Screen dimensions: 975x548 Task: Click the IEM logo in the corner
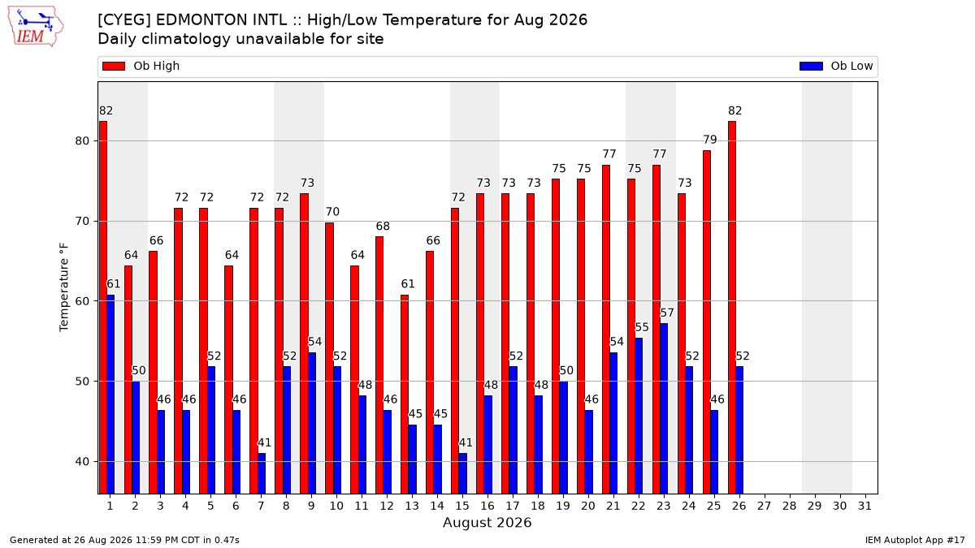click(36, 27)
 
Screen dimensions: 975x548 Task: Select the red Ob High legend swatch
click(114, 66)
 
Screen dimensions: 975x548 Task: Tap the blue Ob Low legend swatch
click(811, 66)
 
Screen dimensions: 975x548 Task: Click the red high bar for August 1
click(103, 308)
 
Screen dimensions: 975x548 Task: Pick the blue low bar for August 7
click(262, 473)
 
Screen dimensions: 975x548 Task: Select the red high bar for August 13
click(405, 395)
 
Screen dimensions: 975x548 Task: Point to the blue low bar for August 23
click(664, 409)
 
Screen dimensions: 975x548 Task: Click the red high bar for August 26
click(732, 308)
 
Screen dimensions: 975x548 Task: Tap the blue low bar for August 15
click(462, 473)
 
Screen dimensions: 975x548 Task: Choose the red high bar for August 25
click(707, 322)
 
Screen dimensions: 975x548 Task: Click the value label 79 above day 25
click(710, 140)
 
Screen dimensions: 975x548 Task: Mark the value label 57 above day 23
click(667, 313)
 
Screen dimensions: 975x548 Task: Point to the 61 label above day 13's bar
click(408, 284)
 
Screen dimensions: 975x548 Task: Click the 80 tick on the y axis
click(82, 141)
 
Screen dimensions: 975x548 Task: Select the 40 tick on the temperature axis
click(82, 461)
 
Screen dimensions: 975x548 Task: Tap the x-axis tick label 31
click(864, 506)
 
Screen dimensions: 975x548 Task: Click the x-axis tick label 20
click(588, 506)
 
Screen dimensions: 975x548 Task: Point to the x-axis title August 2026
click(487, 522)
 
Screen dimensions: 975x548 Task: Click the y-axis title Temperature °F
click(64, 287)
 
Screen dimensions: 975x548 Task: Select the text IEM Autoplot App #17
click(915, 540)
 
